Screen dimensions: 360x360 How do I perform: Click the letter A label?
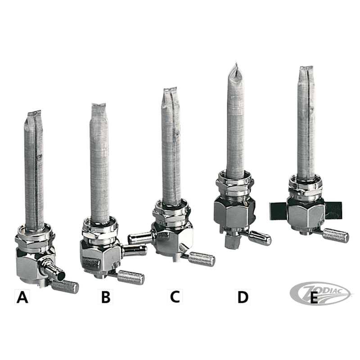pos(22,297)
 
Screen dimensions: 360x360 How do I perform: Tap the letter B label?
pos(105,297)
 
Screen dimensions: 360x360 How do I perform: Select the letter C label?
pos(175,297)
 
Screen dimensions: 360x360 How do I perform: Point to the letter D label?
pos(243,297)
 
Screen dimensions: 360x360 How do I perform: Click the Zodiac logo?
pos(320,293)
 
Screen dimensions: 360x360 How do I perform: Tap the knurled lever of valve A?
pos(64,286)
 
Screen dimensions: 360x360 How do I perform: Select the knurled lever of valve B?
pos(130,277)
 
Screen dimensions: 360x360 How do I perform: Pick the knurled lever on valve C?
pos(201,259)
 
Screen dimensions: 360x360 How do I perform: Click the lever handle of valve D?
pos(260,238)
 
